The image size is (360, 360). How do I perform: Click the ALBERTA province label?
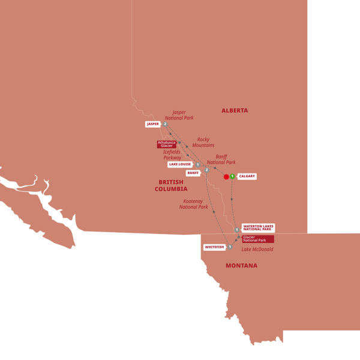[234, 110]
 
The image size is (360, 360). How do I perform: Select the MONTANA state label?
[241, 265]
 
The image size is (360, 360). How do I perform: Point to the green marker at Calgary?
[232, 176]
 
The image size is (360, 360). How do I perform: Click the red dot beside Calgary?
[226, 176]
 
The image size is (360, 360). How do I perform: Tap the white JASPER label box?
[152, 124]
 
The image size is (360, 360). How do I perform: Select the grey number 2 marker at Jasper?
[164, 124]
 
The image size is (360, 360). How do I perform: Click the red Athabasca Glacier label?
[166, 144]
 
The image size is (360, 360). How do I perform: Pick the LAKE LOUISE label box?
[180, 164]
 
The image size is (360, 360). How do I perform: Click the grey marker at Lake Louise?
[197, 164]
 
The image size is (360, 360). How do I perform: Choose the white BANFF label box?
[193, 173]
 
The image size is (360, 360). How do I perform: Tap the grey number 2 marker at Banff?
[206, 171]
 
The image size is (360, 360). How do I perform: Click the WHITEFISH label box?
[214, 246]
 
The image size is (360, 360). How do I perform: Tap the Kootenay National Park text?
[194, 203]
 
